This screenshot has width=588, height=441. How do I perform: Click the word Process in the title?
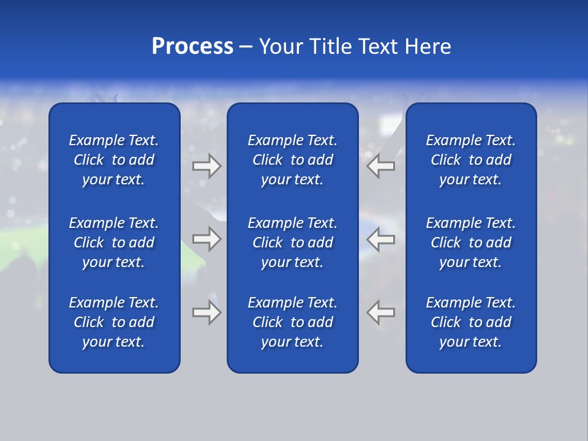tap(192, 47)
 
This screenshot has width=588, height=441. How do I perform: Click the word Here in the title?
tap(428, 47)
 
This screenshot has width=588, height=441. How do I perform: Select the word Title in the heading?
tap(331, 47)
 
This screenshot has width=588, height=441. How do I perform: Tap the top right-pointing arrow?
tap(206, 166)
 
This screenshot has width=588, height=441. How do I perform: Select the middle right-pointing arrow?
tap(206, 239)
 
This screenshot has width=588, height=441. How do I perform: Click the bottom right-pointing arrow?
tap(206, 312)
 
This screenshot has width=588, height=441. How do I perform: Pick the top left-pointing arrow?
tap(381, 166)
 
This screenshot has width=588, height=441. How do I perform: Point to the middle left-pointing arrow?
tap(381, 239)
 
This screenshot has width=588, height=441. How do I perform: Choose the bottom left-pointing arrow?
tap(381, 312)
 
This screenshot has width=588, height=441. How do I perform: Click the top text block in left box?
tap(114, 160)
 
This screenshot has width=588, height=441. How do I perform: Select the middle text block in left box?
tap(114, 243)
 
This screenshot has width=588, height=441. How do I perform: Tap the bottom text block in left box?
tap(114, 322)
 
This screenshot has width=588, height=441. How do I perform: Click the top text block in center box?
tap(292, 160)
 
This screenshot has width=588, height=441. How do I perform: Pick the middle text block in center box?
tap(292, 243)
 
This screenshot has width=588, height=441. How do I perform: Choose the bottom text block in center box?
tap(292, 322)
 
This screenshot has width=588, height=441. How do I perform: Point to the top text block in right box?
tap(470, 160)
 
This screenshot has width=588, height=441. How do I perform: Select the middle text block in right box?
tap(470, 243)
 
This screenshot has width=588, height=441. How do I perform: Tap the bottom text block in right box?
tap(470, 322)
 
